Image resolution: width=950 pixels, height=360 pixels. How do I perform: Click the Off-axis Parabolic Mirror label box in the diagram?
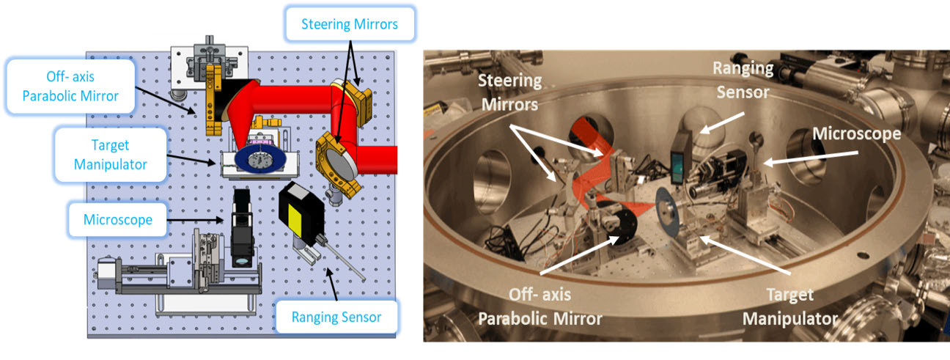(x=71, y=87)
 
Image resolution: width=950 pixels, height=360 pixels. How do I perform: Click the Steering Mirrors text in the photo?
(x=512, y=92)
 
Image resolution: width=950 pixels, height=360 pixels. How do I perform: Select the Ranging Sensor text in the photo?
(x=742, y=79)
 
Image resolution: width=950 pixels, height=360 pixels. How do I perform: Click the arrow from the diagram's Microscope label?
(x=197, y=218)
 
